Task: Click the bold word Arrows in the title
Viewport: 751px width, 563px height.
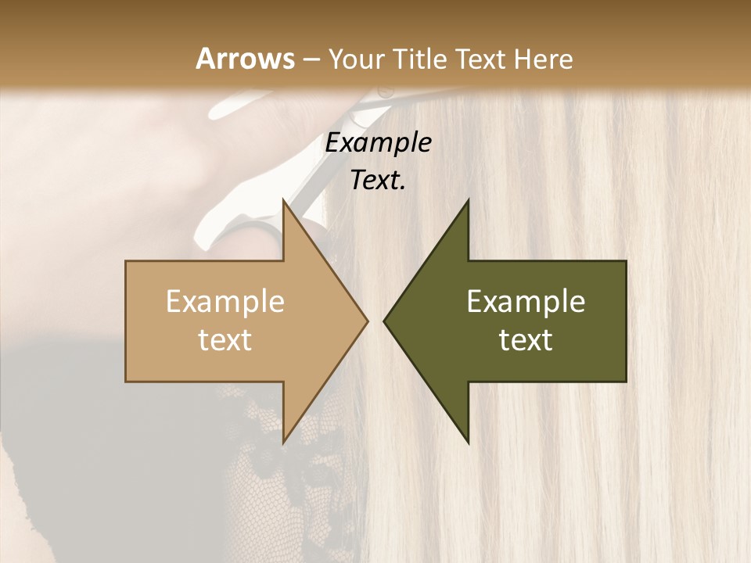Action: (246, 59)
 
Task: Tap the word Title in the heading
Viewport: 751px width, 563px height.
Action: (420, 59)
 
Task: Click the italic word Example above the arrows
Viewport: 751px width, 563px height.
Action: (378, 143)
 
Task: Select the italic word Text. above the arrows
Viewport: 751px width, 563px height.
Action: (378, 180)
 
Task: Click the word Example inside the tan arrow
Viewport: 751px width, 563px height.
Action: (225, 302)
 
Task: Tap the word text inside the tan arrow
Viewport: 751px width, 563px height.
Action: (225, 340)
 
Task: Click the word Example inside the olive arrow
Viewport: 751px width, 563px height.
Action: (526, 302)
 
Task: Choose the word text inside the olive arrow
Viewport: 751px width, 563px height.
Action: (526, 340)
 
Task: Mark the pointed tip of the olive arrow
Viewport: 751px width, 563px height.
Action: (386, 321)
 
